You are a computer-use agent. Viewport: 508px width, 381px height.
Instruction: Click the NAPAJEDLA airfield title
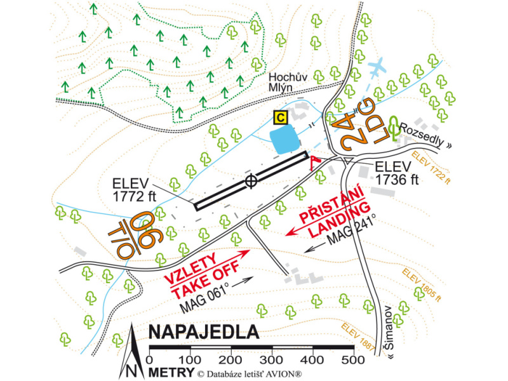pyautogui.click(x=203, y=332)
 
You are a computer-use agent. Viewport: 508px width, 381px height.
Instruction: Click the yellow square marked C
pyautogui.click(x=280, y=117)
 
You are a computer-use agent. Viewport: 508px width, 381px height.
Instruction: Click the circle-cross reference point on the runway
pyautogui.click(x=251, y=182)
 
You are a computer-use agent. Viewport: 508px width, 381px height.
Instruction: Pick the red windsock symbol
pyautogui.click(x=314, y=162)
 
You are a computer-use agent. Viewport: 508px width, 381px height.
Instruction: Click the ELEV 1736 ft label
pyautogui.click(x=398, y=173)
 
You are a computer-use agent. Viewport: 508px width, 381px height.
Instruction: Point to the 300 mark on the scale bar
pyautogui.click(x=272, y=359)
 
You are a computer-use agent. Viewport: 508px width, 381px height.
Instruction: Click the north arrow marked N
pyautogui.click(x=131, y=352)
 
